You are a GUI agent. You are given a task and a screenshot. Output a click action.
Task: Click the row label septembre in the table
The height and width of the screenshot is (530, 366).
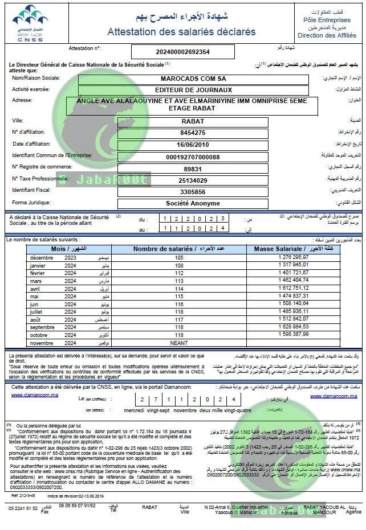point(43,327)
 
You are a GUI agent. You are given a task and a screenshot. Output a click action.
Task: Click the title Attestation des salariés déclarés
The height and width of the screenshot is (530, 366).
point(181,32)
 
